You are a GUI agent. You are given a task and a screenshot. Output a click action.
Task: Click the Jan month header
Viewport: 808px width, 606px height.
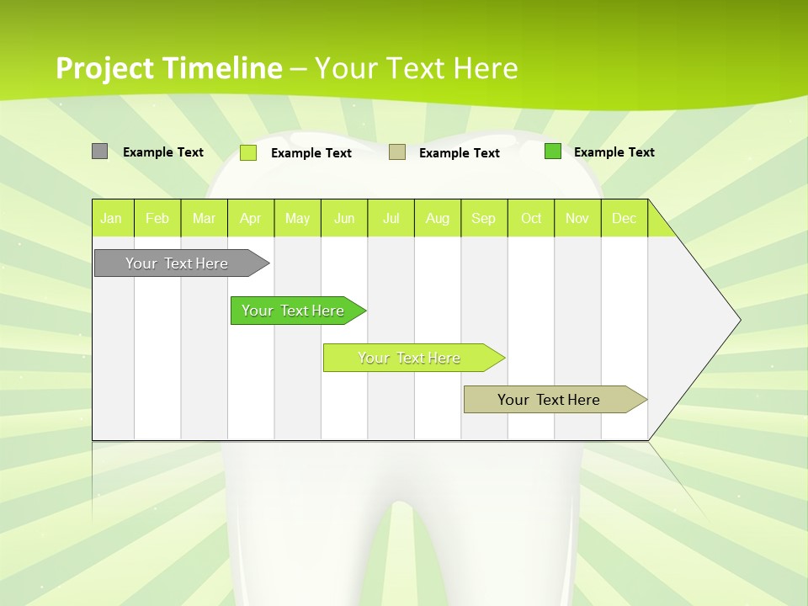[x=112, y=218]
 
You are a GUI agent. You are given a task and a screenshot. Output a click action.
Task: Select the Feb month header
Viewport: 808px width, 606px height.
[x=157, y=218]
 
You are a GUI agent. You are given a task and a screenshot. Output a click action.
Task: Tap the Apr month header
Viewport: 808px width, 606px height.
[x=251, y=218]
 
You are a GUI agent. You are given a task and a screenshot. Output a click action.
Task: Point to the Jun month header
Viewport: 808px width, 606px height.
[x=344, y=218]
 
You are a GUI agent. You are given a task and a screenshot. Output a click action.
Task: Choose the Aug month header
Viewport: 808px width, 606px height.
[x=438, y=218]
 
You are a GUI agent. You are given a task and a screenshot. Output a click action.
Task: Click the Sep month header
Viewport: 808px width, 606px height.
[x=484, y=218]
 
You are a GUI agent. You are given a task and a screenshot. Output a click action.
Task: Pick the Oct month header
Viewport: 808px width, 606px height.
[x=531, y=218]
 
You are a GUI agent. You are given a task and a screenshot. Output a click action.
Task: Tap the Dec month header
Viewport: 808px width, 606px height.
[x=625, y=218]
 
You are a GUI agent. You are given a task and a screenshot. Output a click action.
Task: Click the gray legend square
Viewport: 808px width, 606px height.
[x=99, y=151]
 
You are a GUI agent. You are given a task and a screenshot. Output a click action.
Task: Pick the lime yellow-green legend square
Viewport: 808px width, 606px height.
[x=248, y=152]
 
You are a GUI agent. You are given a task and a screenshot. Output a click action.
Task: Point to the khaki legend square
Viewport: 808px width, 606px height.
[x=397, y=152]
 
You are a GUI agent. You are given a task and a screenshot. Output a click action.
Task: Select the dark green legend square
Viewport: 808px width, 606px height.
[x=553, y=151]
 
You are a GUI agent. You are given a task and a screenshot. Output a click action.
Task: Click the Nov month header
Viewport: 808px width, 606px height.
[x=577, y=218]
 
